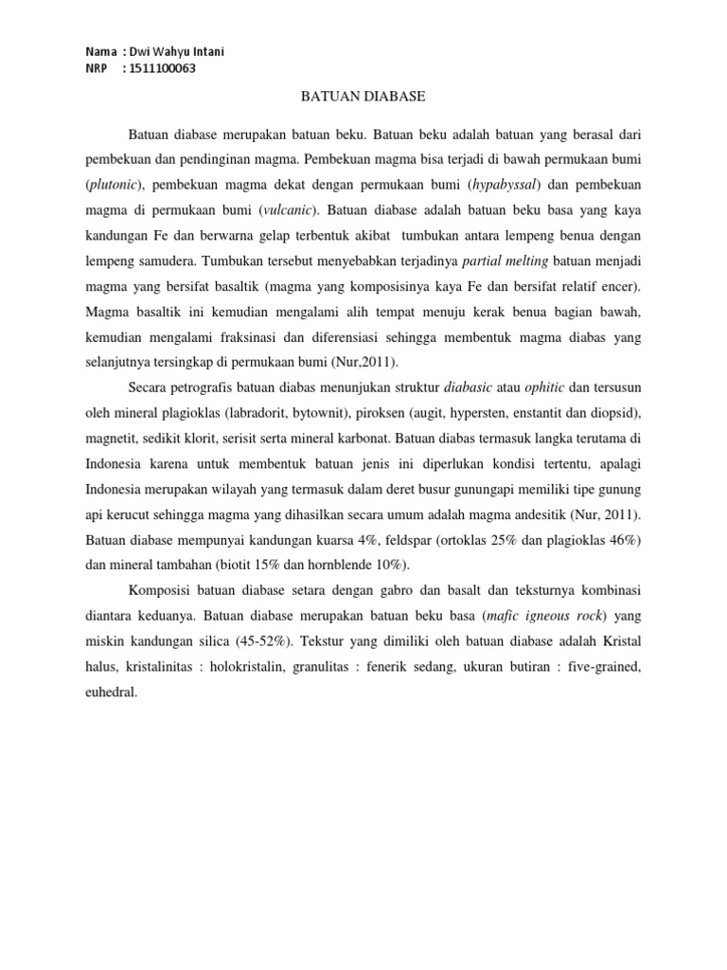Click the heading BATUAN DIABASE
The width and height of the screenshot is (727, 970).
pos(363,97)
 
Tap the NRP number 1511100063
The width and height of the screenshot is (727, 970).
pos(163,68)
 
